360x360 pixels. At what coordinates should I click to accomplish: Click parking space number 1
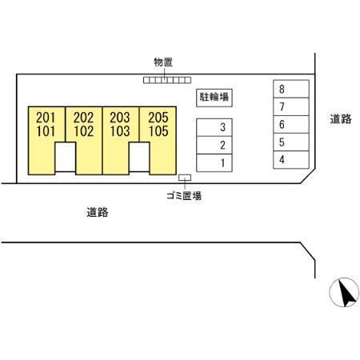(214, 163)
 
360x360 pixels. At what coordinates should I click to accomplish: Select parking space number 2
(214, 145)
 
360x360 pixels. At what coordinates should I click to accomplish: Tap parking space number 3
(214, 127)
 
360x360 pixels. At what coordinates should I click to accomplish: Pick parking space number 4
(291, 160)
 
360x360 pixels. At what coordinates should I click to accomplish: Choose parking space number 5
(291, 142)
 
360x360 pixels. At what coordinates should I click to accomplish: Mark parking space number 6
(291, 125)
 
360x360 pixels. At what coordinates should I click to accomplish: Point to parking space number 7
(291, 106)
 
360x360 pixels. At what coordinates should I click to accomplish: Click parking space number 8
(291, 89)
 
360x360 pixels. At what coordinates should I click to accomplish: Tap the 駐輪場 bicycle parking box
(214, 98)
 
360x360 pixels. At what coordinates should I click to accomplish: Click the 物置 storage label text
(163, 62)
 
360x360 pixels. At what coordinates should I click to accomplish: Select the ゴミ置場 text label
(184, 196)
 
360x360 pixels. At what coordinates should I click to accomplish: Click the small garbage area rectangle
(185, 178)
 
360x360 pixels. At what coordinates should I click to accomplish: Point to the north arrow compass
(344, 292)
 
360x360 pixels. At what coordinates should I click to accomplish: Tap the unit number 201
(46, 118)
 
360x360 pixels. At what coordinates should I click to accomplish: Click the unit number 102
(84, 131)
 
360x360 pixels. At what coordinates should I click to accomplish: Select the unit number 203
(120, 118)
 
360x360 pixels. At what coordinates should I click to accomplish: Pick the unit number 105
(158, 131)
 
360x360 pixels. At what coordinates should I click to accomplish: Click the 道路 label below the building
(98, 213)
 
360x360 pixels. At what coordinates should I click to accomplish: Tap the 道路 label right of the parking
(341, 119)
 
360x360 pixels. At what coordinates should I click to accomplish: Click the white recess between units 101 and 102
(66, 157)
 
